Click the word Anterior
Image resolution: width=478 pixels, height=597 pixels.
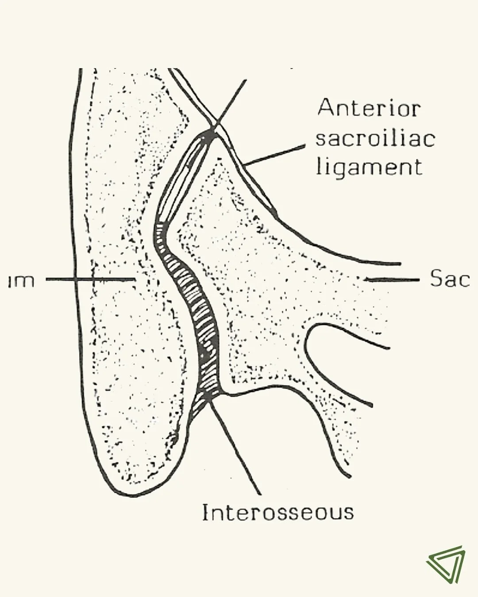tap(369, 108)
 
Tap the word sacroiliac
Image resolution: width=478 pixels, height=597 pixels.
tap(375, 138)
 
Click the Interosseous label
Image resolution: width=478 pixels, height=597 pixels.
tap(278, 513)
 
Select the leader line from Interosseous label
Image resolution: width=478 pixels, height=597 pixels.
tap(235, 447)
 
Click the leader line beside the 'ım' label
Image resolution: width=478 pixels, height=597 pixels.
tap(89, 279)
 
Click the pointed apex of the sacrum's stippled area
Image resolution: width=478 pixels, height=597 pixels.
tap(218, 159)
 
